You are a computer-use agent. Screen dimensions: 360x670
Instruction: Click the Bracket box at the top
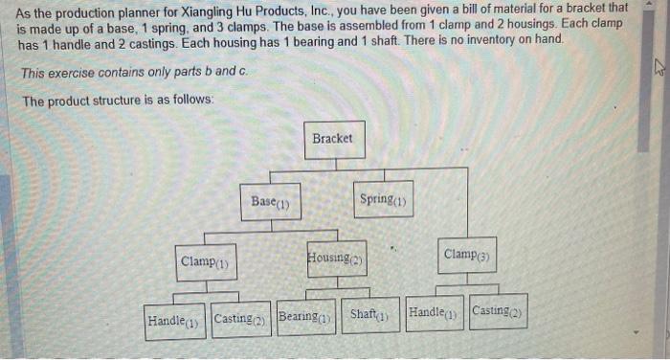[332, 140]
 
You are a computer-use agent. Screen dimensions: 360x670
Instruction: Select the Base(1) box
[270, 202]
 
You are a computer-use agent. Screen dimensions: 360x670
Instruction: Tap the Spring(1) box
[383, 199]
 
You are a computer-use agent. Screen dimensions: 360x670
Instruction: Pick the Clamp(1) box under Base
[205, 261]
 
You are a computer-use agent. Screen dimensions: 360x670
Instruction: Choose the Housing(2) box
[336, 258]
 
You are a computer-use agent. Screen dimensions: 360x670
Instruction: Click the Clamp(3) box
[467, 255]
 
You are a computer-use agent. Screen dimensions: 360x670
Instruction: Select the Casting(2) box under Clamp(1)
[240, 319]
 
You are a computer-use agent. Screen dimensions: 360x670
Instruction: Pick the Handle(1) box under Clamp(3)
[434, 312]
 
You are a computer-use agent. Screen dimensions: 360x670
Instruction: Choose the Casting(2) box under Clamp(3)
[499, 311]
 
